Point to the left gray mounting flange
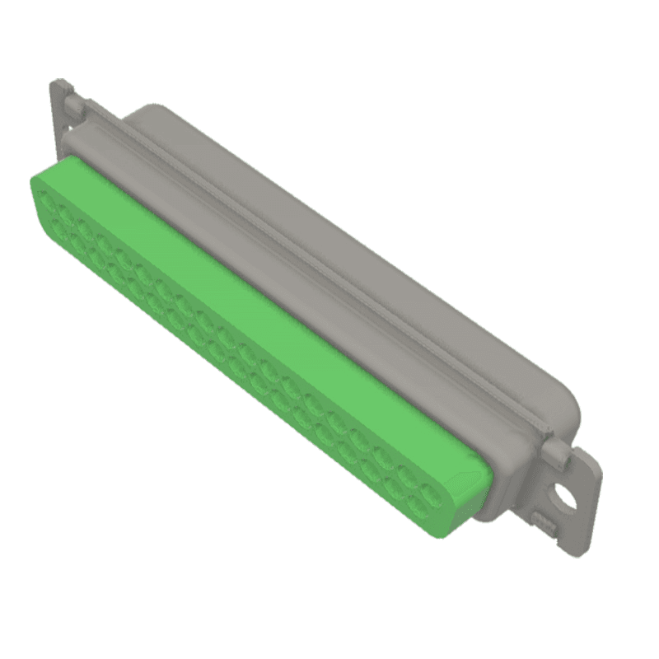point(61,115)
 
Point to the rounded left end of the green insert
point(37,194)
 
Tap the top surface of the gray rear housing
point(346,247)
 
